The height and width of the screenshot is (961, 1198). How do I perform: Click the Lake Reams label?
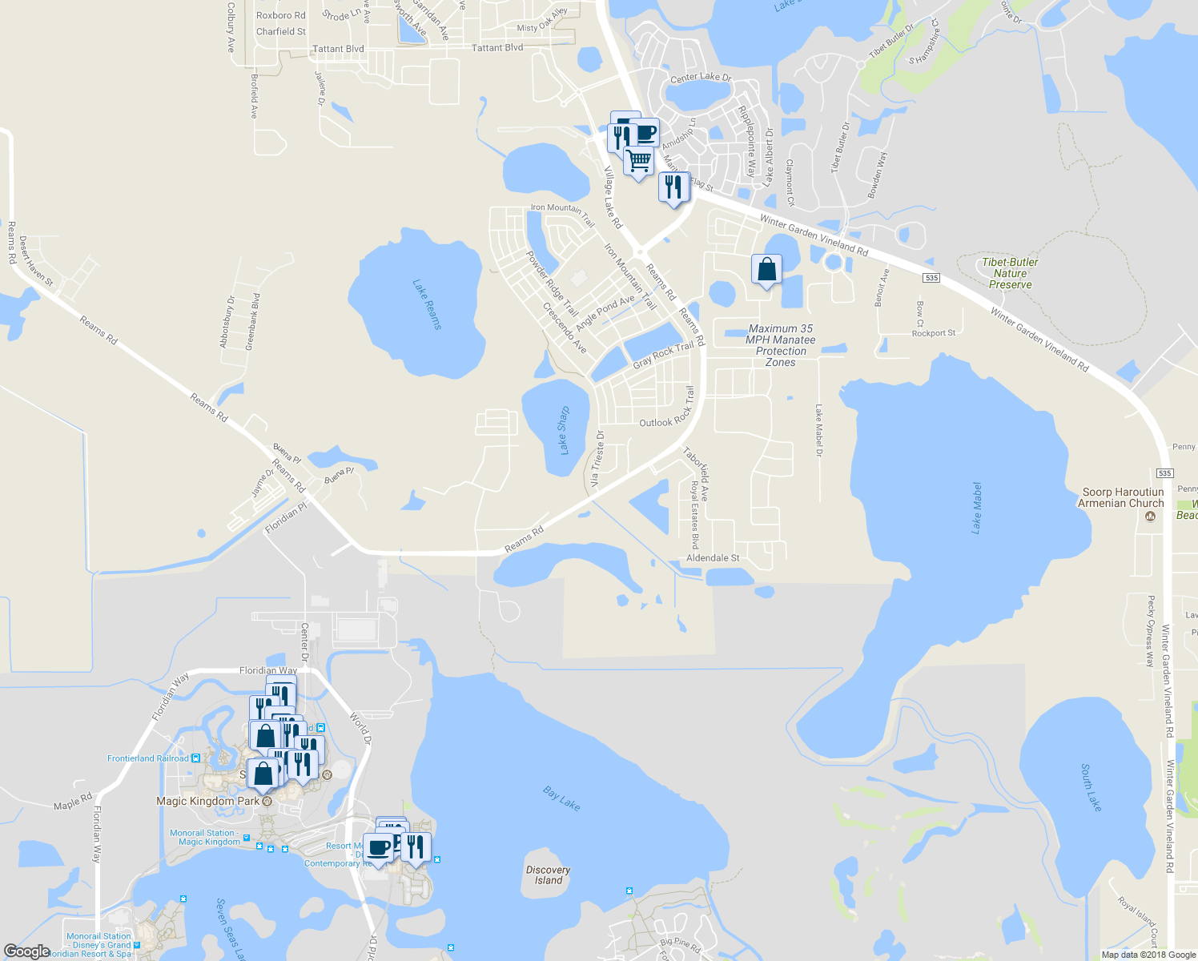tap(427, 304)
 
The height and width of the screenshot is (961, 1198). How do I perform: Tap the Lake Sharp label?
tap(564, 430)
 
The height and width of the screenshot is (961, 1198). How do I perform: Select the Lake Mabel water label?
tap(976, 508)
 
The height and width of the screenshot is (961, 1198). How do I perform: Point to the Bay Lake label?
tap(561, 798)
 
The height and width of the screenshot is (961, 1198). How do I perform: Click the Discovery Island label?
tap(549, 875)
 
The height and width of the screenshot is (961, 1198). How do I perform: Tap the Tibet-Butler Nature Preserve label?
tap(1010, 273)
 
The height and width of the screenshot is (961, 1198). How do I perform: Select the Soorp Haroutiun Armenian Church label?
tap(1121, 497)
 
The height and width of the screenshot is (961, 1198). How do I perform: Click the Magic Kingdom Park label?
tap(208, 801)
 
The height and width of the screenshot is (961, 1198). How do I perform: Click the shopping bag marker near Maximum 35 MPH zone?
tap(766, 271)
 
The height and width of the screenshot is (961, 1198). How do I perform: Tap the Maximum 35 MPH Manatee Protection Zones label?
tap(781, 345)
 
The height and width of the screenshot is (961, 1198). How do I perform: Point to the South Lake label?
tap(1091, 787)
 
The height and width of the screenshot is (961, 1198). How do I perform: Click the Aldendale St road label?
tap(713, 558)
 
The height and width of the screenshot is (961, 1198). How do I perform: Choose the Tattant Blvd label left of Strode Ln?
tap(338, 49)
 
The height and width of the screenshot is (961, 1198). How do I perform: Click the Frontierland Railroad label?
tap(148, 758)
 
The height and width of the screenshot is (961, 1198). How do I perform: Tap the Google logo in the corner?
tap(26, 951)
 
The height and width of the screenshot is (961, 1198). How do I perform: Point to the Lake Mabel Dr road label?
tap(819, 431)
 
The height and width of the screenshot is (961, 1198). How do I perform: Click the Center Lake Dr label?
tap(701, 78)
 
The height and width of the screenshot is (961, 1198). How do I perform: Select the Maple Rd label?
tap(73, 802)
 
